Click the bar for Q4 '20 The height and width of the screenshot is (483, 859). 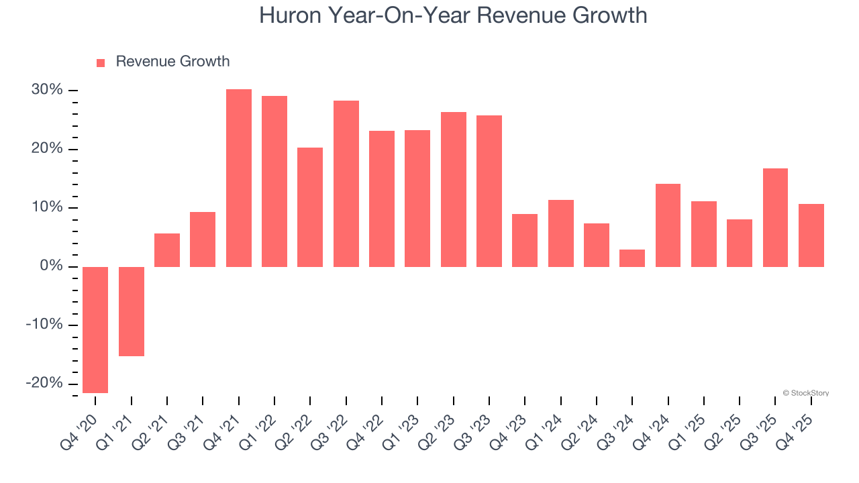95,329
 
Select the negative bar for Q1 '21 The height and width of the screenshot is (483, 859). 132,311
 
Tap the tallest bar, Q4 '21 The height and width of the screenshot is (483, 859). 239,178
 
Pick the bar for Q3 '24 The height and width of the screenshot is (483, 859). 632,258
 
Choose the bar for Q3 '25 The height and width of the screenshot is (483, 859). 775,217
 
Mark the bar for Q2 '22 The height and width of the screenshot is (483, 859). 310,207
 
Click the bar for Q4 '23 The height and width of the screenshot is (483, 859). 525,240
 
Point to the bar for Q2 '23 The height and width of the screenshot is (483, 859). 454,189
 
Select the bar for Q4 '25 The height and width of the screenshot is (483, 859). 811,235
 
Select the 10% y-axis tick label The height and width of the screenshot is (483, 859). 47,207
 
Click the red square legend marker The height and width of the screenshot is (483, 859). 101,62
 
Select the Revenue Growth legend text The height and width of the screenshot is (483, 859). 172,62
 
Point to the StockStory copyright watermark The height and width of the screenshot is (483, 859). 805,393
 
